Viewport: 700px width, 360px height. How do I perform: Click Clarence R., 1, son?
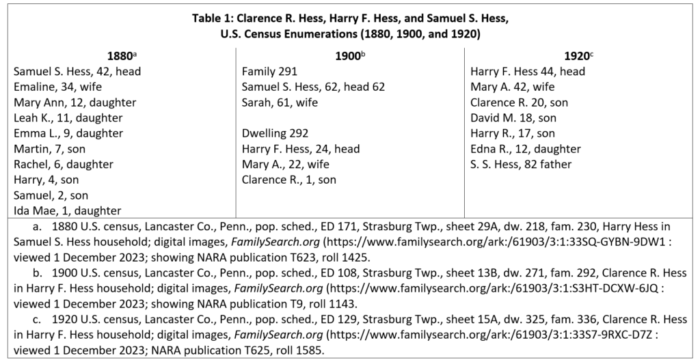coord(289,180)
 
